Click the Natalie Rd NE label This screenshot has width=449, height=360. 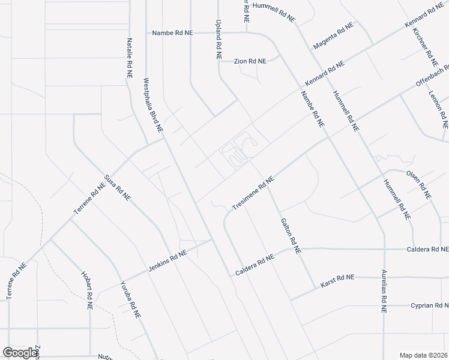[129, 58]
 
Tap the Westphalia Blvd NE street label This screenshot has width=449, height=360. [152, 105]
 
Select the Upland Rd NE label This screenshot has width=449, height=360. [218, 37]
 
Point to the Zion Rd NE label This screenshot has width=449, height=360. [250, 61]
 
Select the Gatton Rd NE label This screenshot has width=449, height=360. [289, 236]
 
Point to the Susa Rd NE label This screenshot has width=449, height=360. [118, 188]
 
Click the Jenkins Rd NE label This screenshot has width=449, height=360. [167, 262]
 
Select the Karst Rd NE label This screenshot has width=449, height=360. [338, 278]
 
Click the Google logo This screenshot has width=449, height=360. [20, 353]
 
